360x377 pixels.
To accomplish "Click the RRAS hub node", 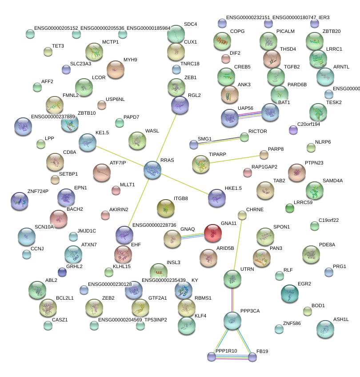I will pyautogui.click(x=152, y=170).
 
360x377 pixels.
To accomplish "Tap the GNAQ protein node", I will pyautogui.click(x=172, y=239).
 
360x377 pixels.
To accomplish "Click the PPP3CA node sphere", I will pyautogui.click(x=232, y=320).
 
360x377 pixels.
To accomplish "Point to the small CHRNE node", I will pyautogui.click(x=242, y=216).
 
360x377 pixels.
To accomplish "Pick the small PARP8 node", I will pyautogui.click(x=264, y=155).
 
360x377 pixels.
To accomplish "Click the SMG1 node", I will pyautogui.click(x=193, y=144).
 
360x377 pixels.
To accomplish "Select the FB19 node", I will pyautogui.click(x=252, y=357).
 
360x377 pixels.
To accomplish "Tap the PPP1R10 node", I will pyautogui.click(x=212, y=356).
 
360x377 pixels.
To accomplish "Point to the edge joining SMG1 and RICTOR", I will pyautogui.click(x=219, y=140).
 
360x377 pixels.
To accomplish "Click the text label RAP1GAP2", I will pyautogui.click(x=264, y=167).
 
